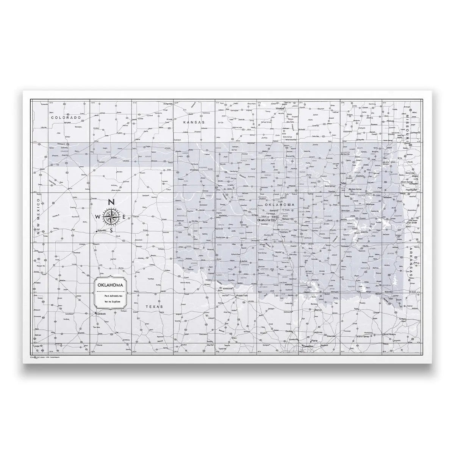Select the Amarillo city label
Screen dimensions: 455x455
(x=101, y=231)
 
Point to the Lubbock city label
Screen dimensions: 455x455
(x=100, y=314)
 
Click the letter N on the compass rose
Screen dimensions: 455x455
(x=111, y=202)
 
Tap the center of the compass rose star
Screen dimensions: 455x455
(x=111, y=217)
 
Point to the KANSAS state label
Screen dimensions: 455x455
(x=193, y=122)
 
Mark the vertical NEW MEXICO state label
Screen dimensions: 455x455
(x=38, y=217)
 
